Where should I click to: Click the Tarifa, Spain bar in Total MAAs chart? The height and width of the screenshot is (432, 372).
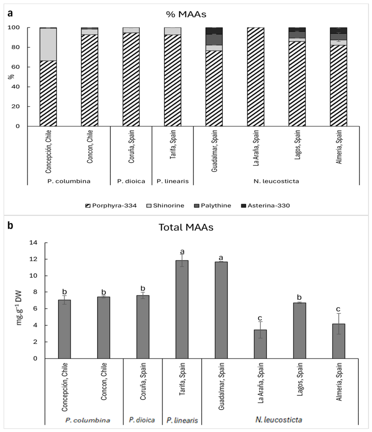(182, 310)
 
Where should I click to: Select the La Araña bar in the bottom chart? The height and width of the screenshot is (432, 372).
(260, 344)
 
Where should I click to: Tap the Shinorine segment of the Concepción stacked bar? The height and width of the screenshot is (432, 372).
(48, 44)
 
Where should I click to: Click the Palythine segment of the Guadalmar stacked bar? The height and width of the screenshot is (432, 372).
(214, 40)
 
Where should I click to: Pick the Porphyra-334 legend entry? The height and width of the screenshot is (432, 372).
(111, 206)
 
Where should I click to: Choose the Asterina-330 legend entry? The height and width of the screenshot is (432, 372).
(266, 206)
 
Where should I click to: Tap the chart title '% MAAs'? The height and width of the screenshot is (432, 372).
(186, 14)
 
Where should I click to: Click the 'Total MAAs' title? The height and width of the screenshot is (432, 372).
(186, 227)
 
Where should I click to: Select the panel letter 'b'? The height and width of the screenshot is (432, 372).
(10, 226)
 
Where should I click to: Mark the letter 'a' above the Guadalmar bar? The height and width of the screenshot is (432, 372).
(221, 258)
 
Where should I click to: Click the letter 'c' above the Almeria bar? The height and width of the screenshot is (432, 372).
(338, 309)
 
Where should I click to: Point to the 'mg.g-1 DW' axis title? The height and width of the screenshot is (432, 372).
(19, 308)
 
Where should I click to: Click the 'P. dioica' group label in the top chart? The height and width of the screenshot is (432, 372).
(131, 181)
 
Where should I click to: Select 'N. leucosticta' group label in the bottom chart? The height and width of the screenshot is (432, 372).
(278, 420)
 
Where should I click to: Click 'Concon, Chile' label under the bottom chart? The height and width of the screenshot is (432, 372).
(104, 381)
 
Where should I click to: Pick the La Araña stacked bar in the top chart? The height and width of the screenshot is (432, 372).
(255, 77)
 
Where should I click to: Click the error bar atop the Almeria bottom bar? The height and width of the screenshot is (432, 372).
(338, 324)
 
